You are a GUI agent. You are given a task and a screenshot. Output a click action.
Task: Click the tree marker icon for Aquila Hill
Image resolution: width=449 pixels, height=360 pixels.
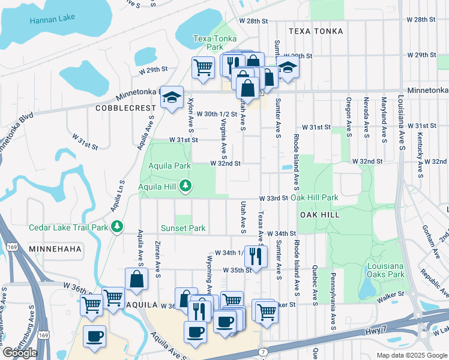tap(186, 187)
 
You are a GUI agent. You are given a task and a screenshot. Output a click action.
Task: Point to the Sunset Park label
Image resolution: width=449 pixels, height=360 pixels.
tap(182, 228)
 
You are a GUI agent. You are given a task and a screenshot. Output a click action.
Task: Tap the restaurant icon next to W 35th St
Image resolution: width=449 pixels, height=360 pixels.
tap(256, 257)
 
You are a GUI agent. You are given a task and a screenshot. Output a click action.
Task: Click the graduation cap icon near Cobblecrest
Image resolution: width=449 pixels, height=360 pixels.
tap(172, 97)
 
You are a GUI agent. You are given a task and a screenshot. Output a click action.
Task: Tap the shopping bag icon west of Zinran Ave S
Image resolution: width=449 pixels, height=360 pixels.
tap(136, 279)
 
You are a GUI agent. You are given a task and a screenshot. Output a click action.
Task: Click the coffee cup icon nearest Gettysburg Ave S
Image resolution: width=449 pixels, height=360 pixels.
tap(94, 337)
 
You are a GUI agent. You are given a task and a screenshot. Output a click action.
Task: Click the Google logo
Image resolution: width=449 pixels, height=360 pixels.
tap(20, 353)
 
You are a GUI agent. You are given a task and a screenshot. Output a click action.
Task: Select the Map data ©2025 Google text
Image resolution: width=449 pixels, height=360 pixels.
tap(411, 355)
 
